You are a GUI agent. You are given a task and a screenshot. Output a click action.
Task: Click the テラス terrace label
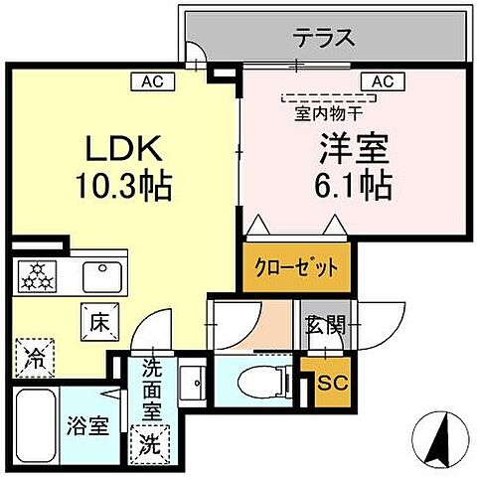coord(325,40)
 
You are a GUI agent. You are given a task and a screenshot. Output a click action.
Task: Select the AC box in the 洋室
coord(382,81)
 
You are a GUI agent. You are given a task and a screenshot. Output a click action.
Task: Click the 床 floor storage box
coord(98,321)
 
